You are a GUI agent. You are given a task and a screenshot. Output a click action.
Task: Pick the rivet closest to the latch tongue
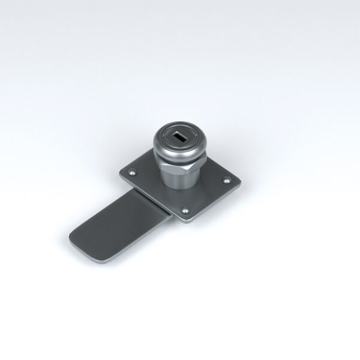131,173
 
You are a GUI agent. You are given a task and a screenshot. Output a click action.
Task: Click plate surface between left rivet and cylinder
147,174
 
